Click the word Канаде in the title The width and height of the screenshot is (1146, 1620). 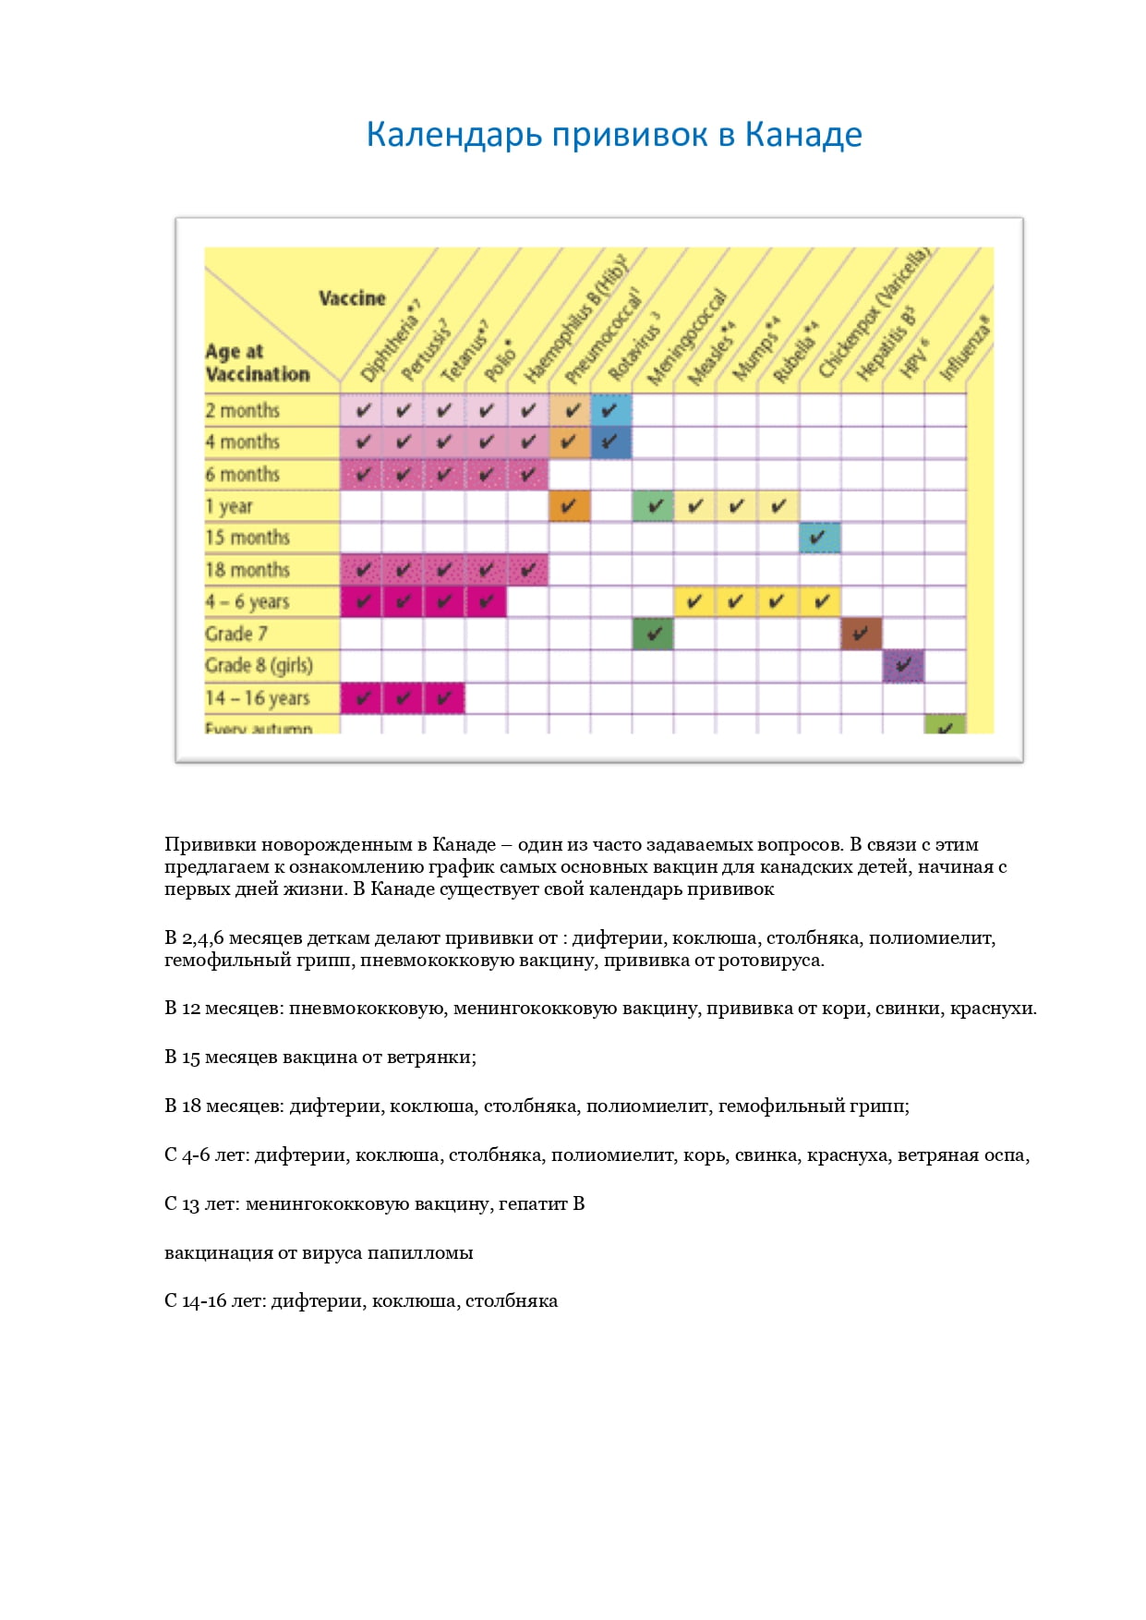coord(802,135)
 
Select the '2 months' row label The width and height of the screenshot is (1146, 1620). coord(242,410)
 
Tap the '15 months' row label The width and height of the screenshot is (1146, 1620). coord(247,538)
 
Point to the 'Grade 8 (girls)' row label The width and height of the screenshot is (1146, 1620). coord(259,665)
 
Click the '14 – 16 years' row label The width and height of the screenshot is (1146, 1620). coord(257,697)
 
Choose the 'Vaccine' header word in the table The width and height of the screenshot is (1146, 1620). coord(352,298)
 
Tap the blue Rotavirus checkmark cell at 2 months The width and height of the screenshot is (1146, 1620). coord(610,410)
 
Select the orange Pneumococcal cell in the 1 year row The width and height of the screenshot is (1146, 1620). coord(569,506)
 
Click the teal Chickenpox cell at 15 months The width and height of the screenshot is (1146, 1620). coord(819,538)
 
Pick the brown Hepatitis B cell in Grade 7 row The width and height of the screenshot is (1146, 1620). coord(861,634)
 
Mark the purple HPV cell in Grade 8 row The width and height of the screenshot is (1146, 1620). coord(903,665)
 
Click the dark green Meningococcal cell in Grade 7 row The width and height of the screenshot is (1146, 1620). coord(653,634)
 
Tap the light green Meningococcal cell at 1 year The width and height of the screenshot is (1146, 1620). coord(653,506)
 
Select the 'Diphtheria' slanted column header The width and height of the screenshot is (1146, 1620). coord(389,343)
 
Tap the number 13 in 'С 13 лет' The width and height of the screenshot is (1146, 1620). coord(190,1203)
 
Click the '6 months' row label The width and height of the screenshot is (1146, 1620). coord(242,474)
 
